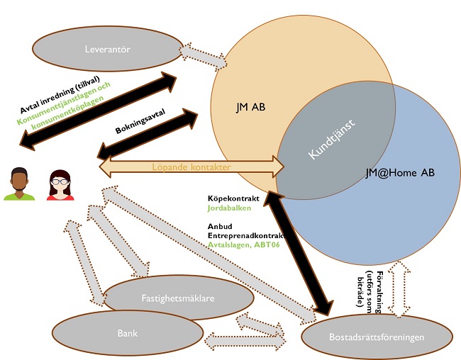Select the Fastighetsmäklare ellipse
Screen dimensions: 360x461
click(178, 298)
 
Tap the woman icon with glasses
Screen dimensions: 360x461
click(61, 184)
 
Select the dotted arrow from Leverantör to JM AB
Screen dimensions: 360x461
click(201, 54)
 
